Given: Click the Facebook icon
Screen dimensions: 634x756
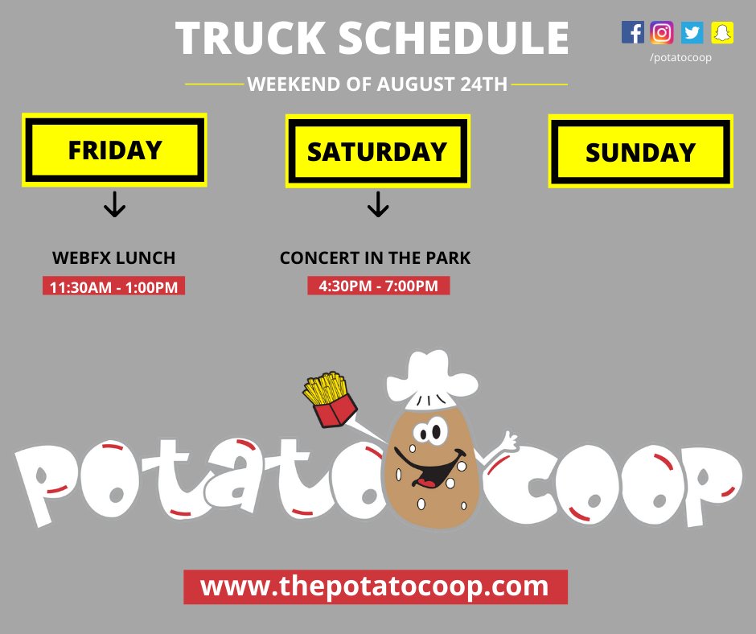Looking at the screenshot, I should coord(633,32).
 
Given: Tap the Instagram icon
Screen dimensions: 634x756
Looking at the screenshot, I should coord(662,32).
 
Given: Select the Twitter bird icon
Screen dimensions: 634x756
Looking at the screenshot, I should coord(692,32).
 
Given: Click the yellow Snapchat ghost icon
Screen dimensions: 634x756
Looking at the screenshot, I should coord(722,32).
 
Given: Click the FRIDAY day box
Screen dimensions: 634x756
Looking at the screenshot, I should coord(115,150).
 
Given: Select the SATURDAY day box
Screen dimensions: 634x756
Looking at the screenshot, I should coord(377,151).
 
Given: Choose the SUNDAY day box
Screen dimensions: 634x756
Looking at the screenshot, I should coord(640,152).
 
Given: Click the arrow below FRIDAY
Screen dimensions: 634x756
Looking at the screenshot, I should coord(115,206).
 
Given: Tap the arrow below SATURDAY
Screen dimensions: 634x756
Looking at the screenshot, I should coord(377,206).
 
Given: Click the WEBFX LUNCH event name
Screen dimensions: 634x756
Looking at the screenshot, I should coord(113,258).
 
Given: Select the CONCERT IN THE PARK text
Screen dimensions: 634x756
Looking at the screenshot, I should coord(375,258).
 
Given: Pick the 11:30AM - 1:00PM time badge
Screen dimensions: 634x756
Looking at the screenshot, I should coord(113,286).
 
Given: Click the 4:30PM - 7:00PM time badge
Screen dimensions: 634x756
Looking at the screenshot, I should coord(378,286).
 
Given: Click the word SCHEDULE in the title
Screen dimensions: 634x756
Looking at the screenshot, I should coord(454,38).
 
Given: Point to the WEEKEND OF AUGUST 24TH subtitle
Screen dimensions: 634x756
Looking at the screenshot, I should coord(377,84).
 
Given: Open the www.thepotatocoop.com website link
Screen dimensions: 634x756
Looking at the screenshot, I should coord(375,587).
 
